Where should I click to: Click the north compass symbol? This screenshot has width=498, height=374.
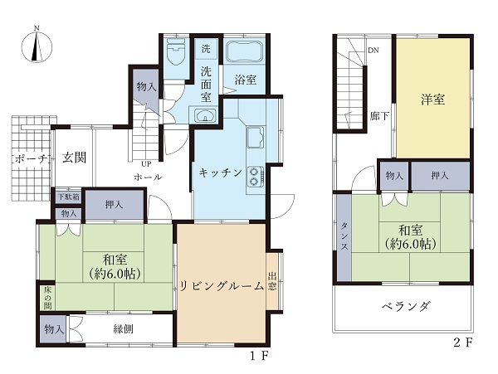37,47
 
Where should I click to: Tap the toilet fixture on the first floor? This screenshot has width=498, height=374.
176,51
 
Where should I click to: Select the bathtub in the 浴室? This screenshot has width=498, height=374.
245,51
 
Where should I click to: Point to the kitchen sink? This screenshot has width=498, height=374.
256,137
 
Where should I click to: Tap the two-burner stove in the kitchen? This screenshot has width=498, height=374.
256,177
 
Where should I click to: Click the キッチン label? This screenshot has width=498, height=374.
221,172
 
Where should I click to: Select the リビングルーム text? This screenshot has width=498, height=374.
222,286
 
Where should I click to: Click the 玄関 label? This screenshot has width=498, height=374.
75,157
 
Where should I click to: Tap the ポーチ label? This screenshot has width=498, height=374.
32,158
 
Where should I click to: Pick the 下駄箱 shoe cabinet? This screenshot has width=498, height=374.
69,197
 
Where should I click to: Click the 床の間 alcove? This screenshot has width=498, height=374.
47,297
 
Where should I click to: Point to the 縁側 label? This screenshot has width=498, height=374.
123,329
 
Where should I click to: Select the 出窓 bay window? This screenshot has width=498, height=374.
272,281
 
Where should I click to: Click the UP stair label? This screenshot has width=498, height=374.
146,163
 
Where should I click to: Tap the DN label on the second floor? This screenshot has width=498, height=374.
373,51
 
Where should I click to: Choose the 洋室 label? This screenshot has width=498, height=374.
432,100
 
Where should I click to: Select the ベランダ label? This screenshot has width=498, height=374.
406,307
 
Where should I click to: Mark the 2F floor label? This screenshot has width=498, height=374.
463,342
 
